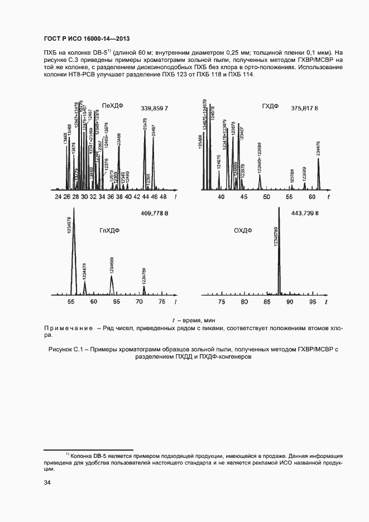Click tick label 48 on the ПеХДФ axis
tap(163, 197)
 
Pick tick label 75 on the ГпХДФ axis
tap(162, 301)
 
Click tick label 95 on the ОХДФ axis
tap(313, 301)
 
